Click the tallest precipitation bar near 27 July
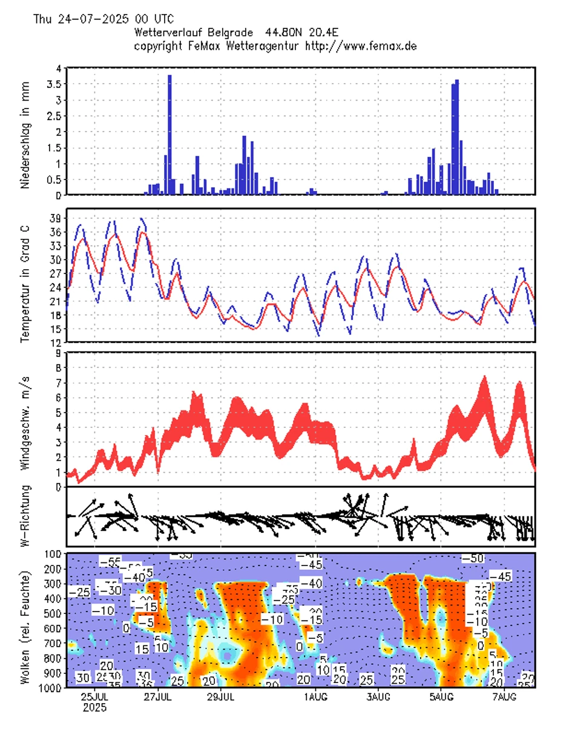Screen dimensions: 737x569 (x=169, y=133)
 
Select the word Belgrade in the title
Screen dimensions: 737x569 (x=242, y=32)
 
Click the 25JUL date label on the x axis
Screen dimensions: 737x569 (x=94, y=696)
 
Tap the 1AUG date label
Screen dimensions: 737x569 (x=314, y=696)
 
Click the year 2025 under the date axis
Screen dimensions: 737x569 (x=94, y=707)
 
